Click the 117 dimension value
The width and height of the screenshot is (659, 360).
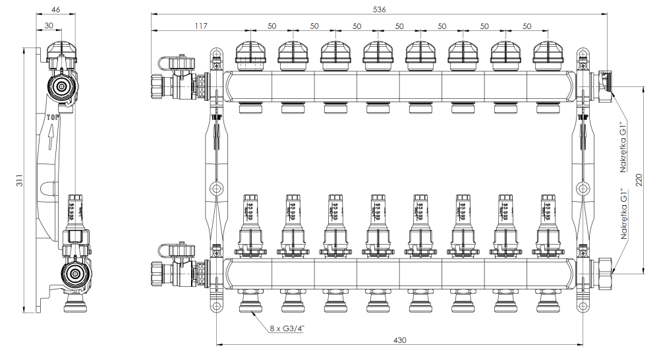(x=200, y=26)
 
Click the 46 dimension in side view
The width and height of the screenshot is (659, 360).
(x=57, y=9)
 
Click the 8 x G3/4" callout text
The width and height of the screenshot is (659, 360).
(x=287, y=328)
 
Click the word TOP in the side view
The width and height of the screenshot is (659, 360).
(x=53, y=117)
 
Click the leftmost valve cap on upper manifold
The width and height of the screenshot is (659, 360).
(x=250, y=56)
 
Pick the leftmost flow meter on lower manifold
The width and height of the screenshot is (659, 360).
(x=250, y=221)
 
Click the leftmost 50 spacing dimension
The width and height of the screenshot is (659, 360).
(x=272, y=26)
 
